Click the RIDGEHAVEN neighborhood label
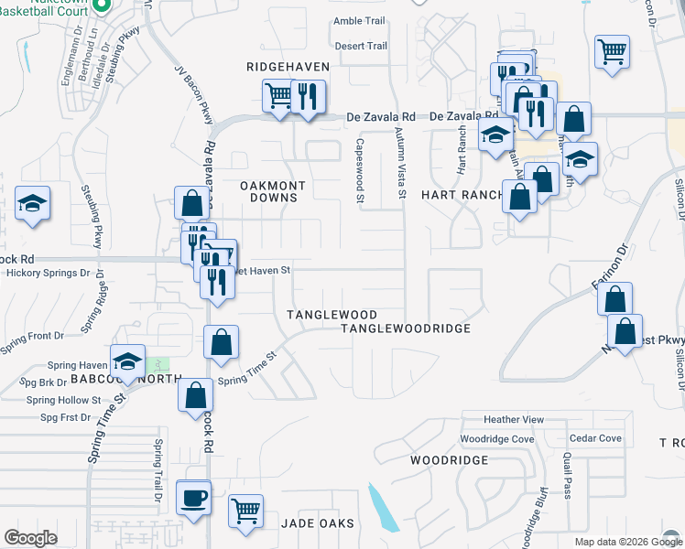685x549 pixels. point(281,67)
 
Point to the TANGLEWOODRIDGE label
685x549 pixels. point(406,328)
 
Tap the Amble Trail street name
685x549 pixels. point(361,21)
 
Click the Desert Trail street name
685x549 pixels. point(361,46)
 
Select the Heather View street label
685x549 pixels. point(514,420)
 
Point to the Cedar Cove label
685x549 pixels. point(595,438)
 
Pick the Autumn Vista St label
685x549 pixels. point(400,163)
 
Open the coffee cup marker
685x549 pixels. point(193,499)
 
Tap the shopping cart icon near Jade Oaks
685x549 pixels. point(246,511)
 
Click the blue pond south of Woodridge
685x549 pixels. point(383,509)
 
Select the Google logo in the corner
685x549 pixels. point(31,538)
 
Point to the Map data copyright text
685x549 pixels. point(627,542)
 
